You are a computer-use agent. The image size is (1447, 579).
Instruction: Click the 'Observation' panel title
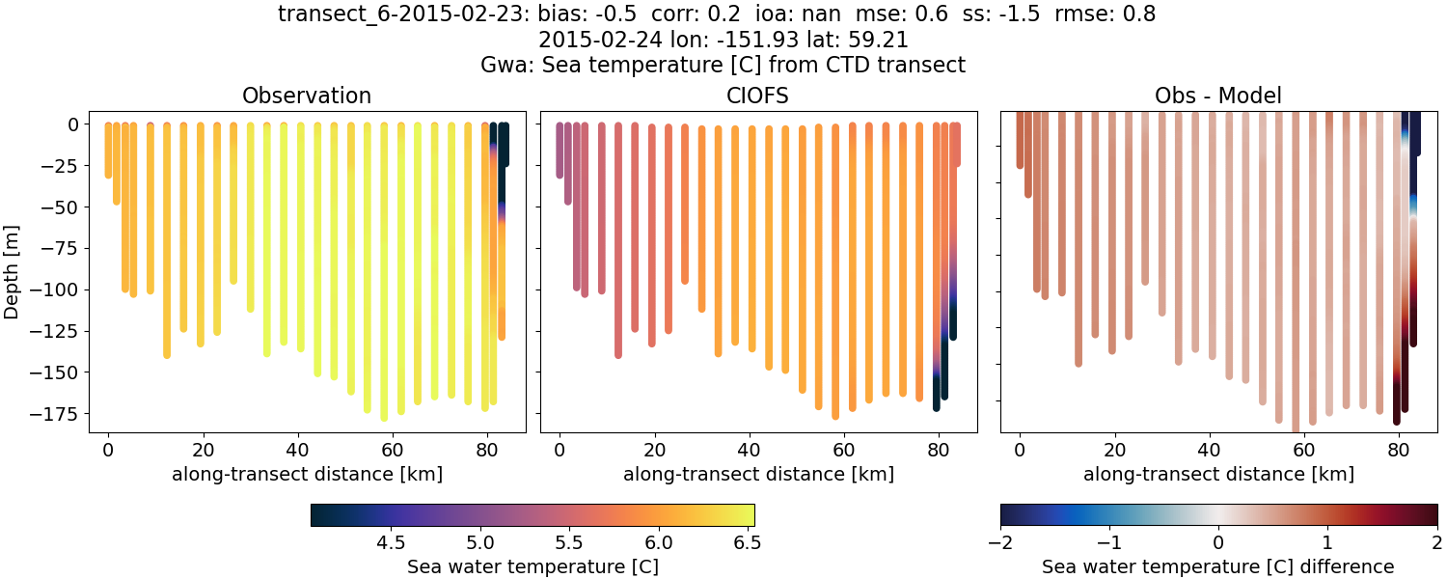307,96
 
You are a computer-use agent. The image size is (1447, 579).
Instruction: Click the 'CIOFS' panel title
758,96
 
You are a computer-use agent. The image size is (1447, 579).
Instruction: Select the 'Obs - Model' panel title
1217,96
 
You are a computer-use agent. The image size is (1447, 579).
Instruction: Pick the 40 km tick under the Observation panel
297,449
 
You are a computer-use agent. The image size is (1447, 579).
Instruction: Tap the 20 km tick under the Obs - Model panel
1114,449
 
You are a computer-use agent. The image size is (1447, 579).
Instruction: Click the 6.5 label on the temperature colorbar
744,542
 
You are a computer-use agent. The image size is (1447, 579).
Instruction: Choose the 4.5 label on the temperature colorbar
390,542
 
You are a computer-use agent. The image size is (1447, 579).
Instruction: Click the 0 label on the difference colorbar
1218,542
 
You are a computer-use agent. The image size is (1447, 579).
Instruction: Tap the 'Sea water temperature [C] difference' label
1217,566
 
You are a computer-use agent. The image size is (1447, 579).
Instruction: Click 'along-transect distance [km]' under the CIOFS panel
758,474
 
